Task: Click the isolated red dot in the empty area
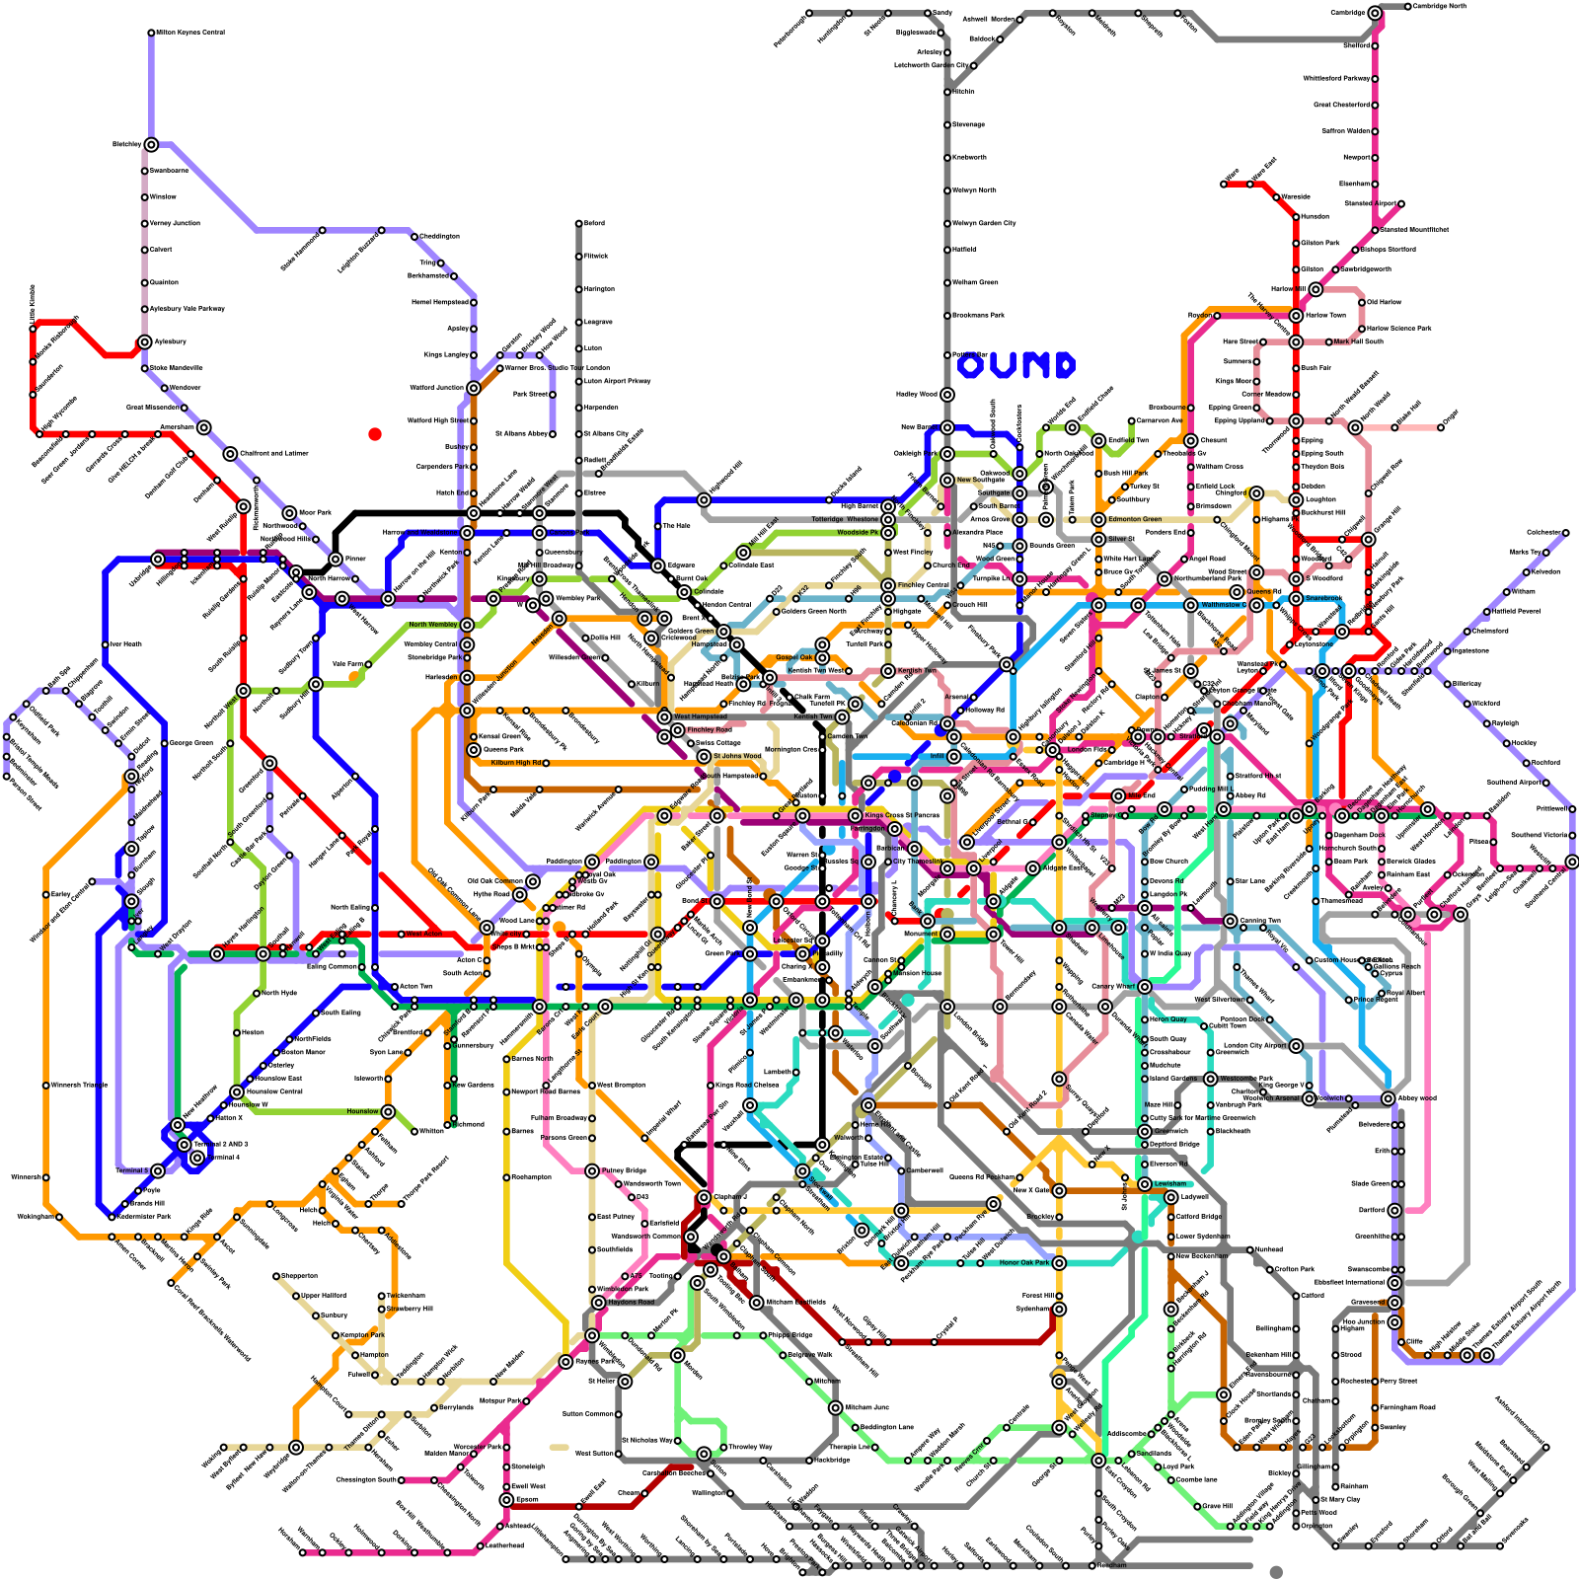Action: click(x=375, y=434)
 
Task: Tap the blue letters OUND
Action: click(x=1016, y=366)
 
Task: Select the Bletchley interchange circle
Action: click(x=151, y=144)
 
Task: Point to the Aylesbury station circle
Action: click(x=145, y=341)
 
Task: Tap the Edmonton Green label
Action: click(x=1135, y=519)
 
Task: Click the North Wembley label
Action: click(x=433, y=625)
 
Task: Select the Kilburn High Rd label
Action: click(x=515, y=763)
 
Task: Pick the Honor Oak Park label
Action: click(x=1023, y=1262)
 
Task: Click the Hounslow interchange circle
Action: click(x=388, y=1112)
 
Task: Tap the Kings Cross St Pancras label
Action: click(x=902, y=815)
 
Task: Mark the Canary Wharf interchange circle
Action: click(x=1145, y=986)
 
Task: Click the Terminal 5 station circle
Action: click(x=158, y=1170)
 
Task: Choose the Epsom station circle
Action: click(x=506, y=1499)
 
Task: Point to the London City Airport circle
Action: click(x=1296, y=1045)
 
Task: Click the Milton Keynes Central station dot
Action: click(x=151, y=33)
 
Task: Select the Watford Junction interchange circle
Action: click(x=474, y=388)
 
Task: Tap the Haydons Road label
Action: click(x=632, y=1302)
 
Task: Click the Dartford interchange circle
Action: click(x=1394, y=1210)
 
